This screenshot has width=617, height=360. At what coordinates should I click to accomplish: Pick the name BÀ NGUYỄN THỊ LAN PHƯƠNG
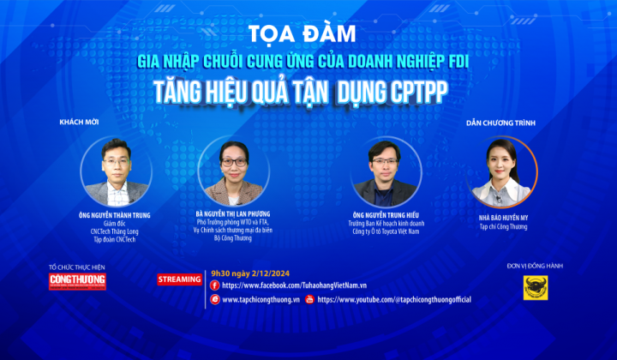(233, 211)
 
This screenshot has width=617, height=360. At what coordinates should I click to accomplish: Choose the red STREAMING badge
(180, 279)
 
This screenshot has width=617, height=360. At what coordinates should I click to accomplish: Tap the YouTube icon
(309, 300)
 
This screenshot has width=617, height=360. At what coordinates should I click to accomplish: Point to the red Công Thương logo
(77, 280)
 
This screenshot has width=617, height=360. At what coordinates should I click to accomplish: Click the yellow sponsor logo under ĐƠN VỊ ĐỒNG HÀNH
(536, 288)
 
